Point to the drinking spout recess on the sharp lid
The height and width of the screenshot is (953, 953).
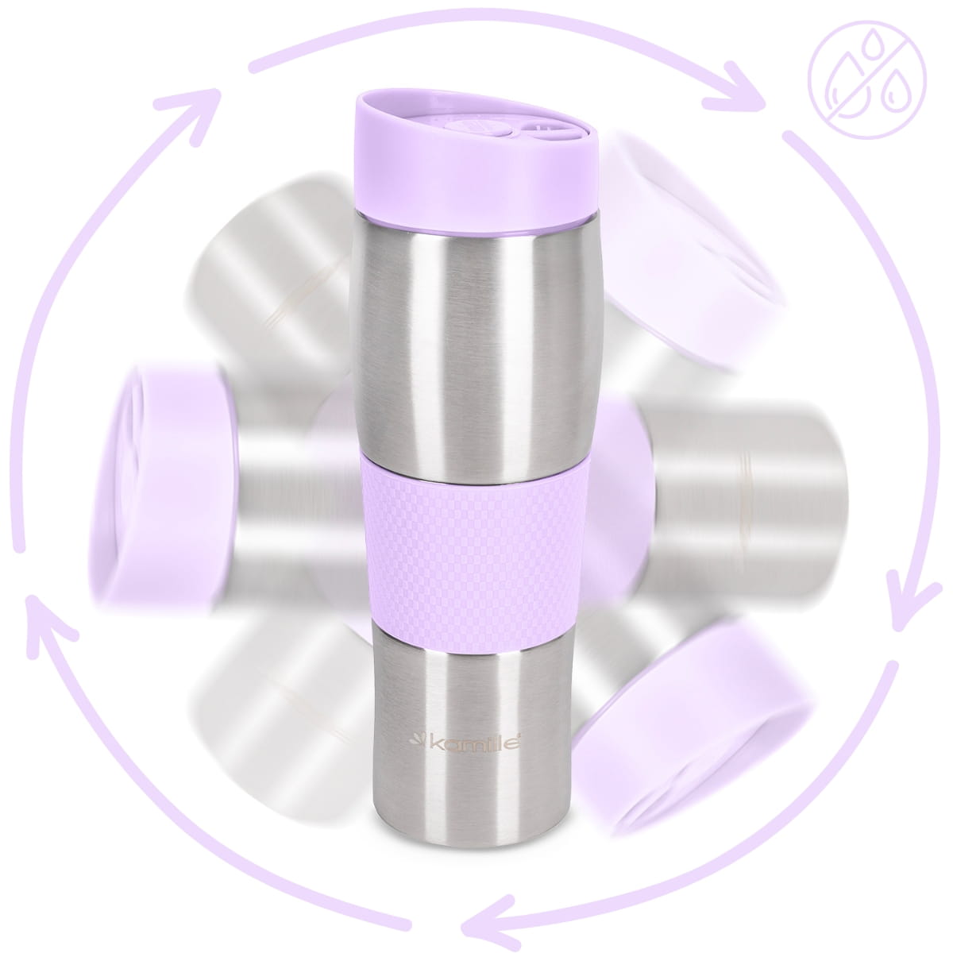548,130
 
